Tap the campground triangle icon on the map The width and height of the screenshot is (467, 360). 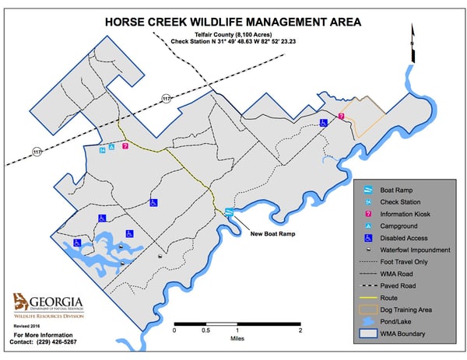(x=111, y=147)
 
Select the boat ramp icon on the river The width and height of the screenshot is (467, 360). (x=229, y=211)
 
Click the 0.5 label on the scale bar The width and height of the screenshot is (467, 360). (x=205, y=330)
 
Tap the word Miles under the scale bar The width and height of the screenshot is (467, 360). (x=237, y=338)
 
